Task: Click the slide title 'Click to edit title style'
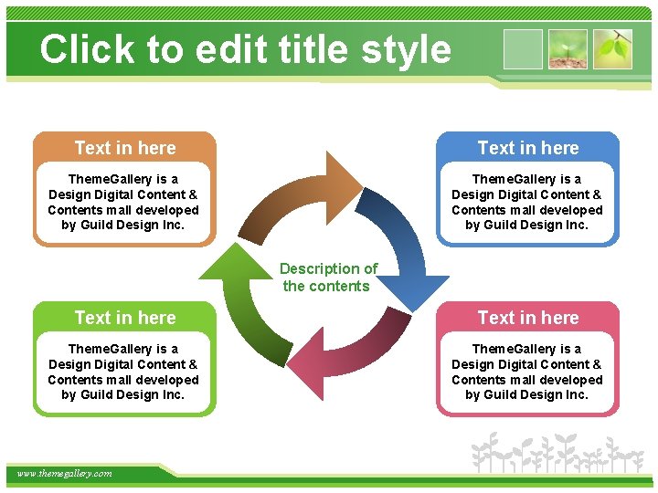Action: [x=245, y=49]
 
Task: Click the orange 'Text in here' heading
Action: [x=125, y=148]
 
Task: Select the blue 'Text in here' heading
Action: [x=528, y=148]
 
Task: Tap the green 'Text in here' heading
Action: [x=125, y=318]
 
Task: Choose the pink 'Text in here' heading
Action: [x=528, y=318]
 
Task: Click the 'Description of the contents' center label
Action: [x=327, y=277]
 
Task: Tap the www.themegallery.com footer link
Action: [x=64, y=473]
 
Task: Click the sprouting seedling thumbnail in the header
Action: [x=568, y=49]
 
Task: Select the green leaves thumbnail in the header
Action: [x=612, y=49]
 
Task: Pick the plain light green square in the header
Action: [x=523, y=49]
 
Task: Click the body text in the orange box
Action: [x=123, y=202]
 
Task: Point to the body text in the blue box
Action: [x=527, y=202]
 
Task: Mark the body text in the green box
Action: [x=123, y=372]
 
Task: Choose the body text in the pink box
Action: [x=527, y=372]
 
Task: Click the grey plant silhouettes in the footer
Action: [x=557, y=453]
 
